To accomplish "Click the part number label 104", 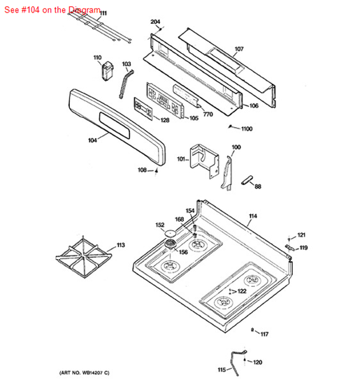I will point(92,140).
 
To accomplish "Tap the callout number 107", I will point(238,49).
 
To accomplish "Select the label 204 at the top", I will point(155,22).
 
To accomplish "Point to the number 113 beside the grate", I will point(120,245).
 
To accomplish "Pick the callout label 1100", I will point(247,129).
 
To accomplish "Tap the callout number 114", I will point(252,216).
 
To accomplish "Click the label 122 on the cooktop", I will point(241,291).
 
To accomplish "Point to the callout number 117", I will point(264,334).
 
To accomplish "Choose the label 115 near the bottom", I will point(222,369).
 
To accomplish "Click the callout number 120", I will point(258,362).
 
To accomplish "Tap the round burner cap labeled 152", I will point(168,232).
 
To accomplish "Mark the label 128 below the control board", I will point(164,120).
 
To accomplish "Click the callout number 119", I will point(303,248).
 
